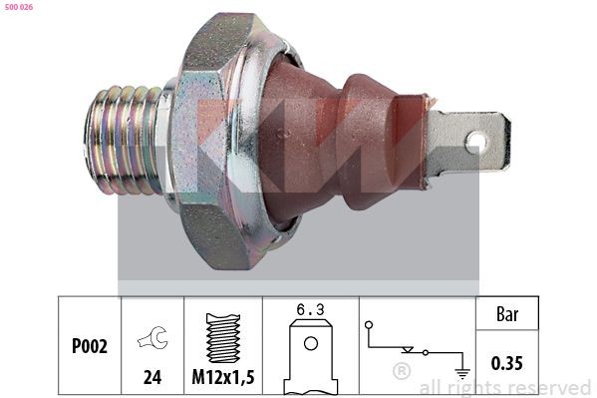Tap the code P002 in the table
[90, 346]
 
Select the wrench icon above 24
[152, 340]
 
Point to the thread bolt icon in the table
[223, 337]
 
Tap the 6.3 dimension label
[310, 311]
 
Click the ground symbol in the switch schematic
[460, 373]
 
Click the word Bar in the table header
[507, 313]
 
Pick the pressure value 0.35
[507, 363]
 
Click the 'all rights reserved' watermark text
[504, 387]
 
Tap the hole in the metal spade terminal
[476, 142]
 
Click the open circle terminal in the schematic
[370, 324]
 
